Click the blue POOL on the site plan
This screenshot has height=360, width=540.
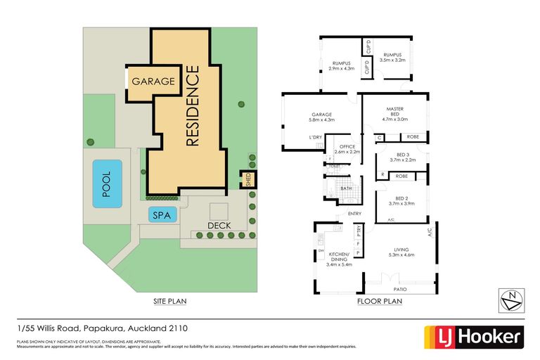(x=107, y=183)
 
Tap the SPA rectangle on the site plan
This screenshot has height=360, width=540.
(x=161, y=215)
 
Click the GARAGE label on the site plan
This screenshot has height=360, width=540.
(x=152, y=81)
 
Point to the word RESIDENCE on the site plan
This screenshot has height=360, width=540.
(x=193, y=105)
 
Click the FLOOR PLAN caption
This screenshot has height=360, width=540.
(x=380, y=301)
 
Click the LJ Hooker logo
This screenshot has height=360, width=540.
(x=472, y=336)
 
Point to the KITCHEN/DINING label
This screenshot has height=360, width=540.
(x=340, y=260)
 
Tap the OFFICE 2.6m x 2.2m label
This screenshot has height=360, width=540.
(x=347, y=149)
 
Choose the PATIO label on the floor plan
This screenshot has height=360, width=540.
(x=401, y=288)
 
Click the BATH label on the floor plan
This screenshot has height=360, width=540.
(x=346, y=188)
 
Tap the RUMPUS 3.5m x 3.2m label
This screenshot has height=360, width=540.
(x=392, y=57)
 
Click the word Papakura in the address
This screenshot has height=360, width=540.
(x=103, y=328)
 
